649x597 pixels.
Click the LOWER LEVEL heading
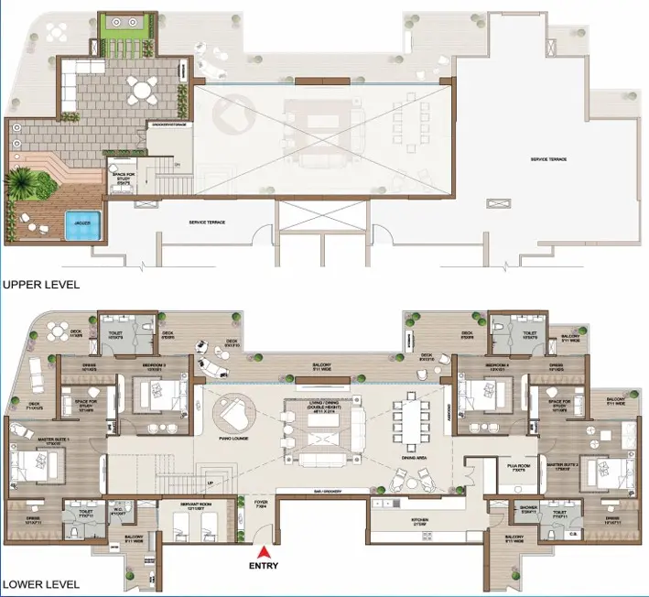40,583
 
